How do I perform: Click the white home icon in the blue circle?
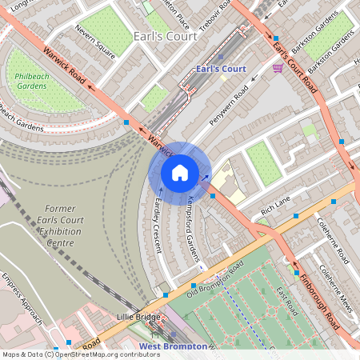(x=179, y=172)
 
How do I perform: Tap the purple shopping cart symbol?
(x=278, y=69)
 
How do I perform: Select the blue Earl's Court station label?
(x=220, y=69)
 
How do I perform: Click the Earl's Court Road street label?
(x=290, y=56)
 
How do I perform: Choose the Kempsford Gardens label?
(x=192, y=228)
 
